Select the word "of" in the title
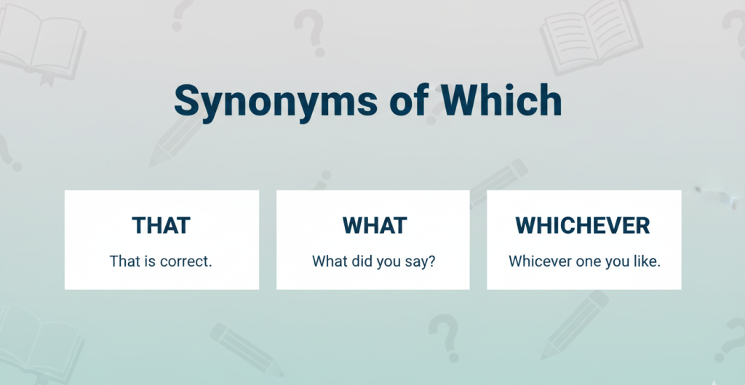409,101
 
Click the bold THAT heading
161,225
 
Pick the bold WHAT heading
375,225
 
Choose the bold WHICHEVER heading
583,225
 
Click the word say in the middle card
418,262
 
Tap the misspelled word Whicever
537,262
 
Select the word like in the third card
648,262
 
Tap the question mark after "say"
431,262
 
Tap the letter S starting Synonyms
187,100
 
